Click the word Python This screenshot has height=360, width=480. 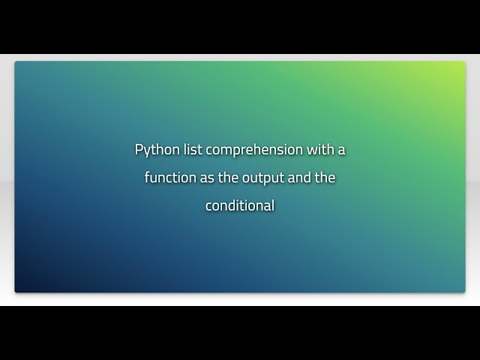coord(157,150)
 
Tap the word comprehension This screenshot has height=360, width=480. coord(254,150)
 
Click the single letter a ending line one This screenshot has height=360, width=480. coord(341,150)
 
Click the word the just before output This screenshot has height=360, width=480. coord(234,178)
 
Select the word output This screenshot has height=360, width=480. coord(268,178)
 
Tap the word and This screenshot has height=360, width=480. coord(304,178)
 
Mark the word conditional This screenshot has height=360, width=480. coord(240,205)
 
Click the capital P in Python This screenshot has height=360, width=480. coord(139,149)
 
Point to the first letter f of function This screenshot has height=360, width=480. coord(147,178)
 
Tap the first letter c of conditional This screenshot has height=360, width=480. coord(208,206)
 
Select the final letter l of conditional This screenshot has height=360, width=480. coord(273,205)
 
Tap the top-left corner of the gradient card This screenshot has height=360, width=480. coord(17,64)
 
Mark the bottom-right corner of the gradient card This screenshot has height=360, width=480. coord(462,289)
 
